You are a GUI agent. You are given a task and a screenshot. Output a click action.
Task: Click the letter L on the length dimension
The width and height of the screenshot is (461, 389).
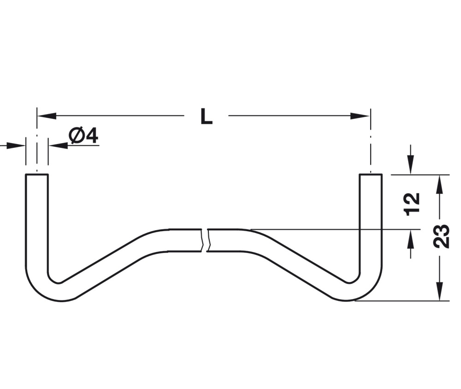[206, 117]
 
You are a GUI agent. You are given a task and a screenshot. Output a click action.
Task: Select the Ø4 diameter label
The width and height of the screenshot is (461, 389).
[83, 136]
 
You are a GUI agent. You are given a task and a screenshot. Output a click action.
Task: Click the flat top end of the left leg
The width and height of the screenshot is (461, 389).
[36, 175]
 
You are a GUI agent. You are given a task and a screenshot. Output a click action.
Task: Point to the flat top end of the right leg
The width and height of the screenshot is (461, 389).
[370, 175]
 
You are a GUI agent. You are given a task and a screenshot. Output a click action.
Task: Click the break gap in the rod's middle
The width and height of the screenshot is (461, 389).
[205, 240]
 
